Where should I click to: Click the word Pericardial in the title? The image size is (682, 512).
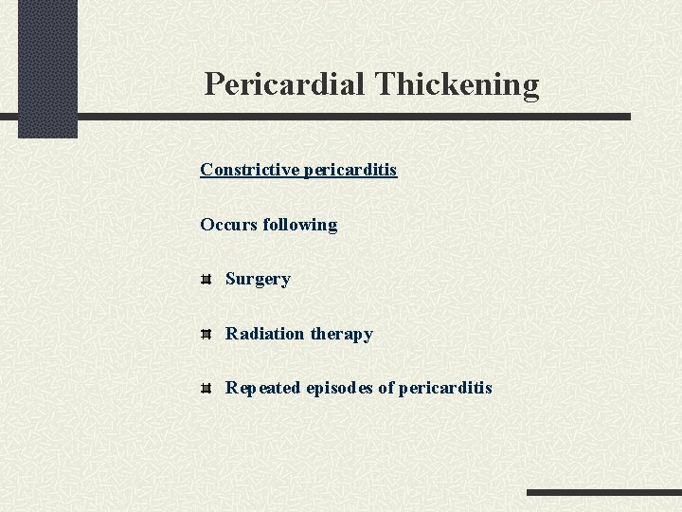tap(285, 84)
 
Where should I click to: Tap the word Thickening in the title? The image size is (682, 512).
tap(457, 84)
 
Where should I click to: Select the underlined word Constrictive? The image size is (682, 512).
tap(249, 170)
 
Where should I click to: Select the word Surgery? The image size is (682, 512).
tap(258, 280)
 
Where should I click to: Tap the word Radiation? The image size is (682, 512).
tap(264, 334)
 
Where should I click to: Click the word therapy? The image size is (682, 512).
tap(341, 334)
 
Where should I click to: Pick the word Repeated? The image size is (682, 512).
tap(263, 388)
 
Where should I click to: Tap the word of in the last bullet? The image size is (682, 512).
tap(386, 388)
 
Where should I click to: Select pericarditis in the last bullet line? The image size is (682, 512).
tap(445, 388)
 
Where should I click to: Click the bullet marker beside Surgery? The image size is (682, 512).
tap(206, 280)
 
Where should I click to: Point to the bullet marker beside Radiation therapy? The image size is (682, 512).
tap(206, 334)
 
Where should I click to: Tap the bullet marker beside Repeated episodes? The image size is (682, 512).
tap(206, 388)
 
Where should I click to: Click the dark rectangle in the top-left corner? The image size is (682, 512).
tap(47, 66)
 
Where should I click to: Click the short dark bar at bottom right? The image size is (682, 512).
tap(603, 493)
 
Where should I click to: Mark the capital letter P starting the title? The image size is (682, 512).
tap(215, 84)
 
